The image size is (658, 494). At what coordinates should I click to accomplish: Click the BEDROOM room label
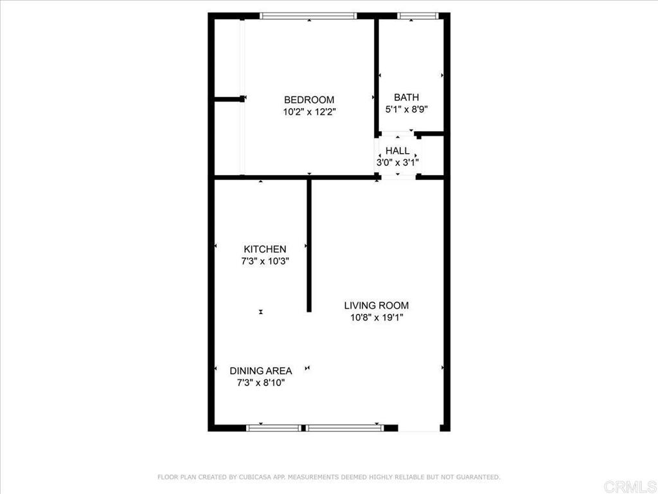[309, 100]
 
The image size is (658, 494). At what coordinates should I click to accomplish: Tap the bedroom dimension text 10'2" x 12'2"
[309, 112]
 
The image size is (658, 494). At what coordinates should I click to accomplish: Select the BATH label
[406, 98]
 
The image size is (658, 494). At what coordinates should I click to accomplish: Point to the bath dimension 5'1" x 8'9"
[406, 109]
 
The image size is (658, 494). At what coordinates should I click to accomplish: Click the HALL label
[397, 151]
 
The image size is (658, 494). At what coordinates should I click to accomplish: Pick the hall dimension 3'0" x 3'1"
[397, 163]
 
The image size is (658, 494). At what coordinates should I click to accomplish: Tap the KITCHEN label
[265, 249]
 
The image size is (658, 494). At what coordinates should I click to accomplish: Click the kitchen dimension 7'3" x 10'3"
[265, 261]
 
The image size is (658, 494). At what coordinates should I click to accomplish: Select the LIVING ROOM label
[377, 306]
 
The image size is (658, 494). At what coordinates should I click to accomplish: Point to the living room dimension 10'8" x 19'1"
[377, 318]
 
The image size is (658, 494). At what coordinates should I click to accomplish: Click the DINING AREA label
[261, 371]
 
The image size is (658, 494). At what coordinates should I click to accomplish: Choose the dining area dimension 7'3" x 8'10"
[261, 383]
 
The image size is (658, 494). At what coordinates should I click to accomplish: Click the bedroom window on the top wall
[308, 16]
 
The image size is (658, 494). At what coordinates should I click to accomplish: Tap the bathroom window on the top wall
[418, 16]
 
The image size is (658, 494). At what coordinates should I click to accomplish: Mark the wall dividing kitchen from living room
[309, 246]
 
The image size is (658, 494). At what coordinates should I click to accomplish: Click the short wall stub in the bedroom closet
[229, 99]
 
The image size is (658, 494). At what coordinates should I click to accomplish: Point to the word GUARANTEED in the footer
[477, 477]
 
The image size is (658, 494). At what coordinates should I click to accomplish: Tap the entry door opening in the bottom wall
[419, 428]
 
